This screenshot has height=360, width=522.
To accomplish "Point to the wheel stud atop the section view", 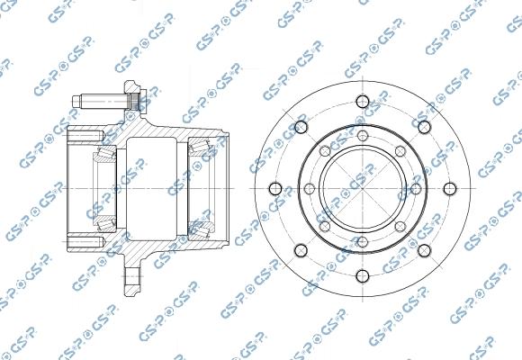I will (106, 98).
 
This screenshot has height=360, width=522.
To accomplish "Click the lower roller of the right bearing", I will (202, 232).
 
